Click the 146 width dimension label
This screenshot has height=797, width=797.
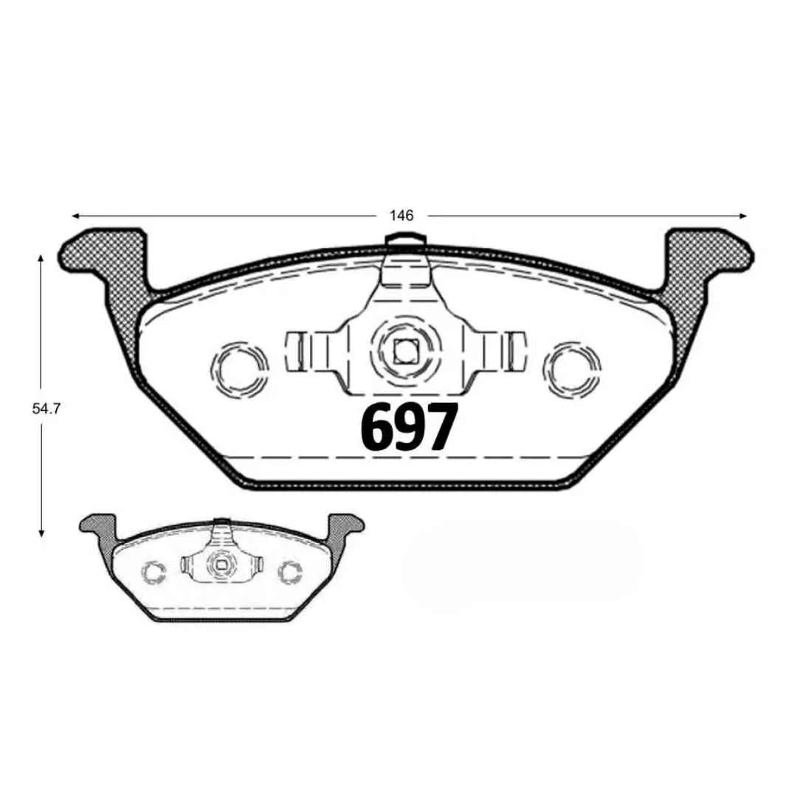401,215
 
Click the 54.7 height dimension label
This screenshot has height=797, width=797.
46,409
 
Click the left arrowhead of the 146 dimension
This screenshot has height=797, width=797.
76,216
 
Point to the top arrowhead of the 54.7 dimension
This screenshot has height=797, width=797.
41,259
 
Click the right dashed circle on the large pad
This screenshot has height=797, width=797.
573,368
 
